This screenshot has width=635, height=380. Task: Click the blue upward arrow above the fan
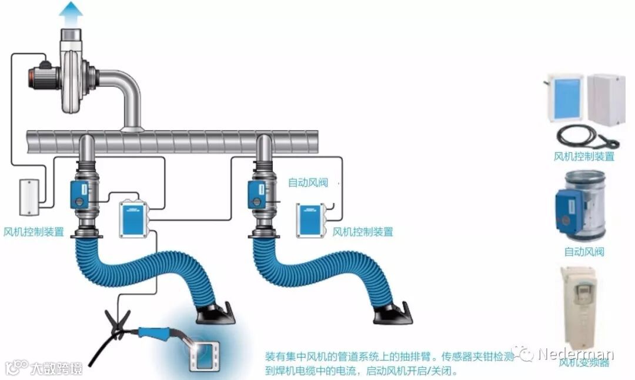pyautogui.click(x=72, y=10)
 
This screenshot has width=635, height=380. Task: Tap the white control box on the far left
pyautogui.click(x=28, y=197)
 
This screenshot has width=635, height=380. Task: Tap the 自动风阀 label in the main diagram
pyautogui.click(x=308, y=182)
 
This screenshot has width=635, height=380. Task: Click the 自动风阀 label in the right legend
pyautogui.click(x=584, y=252)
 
